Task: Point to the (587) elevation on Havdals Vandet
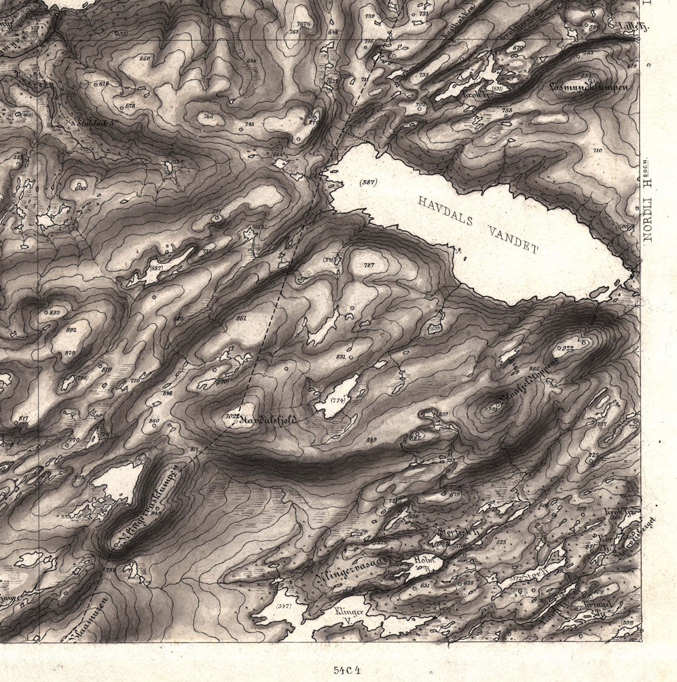[368, 183]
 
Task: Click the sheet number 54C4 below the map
[347, 668]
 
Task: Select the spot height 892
[71, 329]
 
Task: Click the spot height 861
[241, 318]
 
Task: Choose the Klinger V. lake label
[350, 616]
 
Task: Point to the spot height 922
[568, 348]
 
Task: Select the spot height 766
[208, 117]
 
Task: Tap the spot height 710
[598, 150]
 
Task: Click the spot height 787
[369, 265]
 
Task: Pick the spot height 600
[81, 187]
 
